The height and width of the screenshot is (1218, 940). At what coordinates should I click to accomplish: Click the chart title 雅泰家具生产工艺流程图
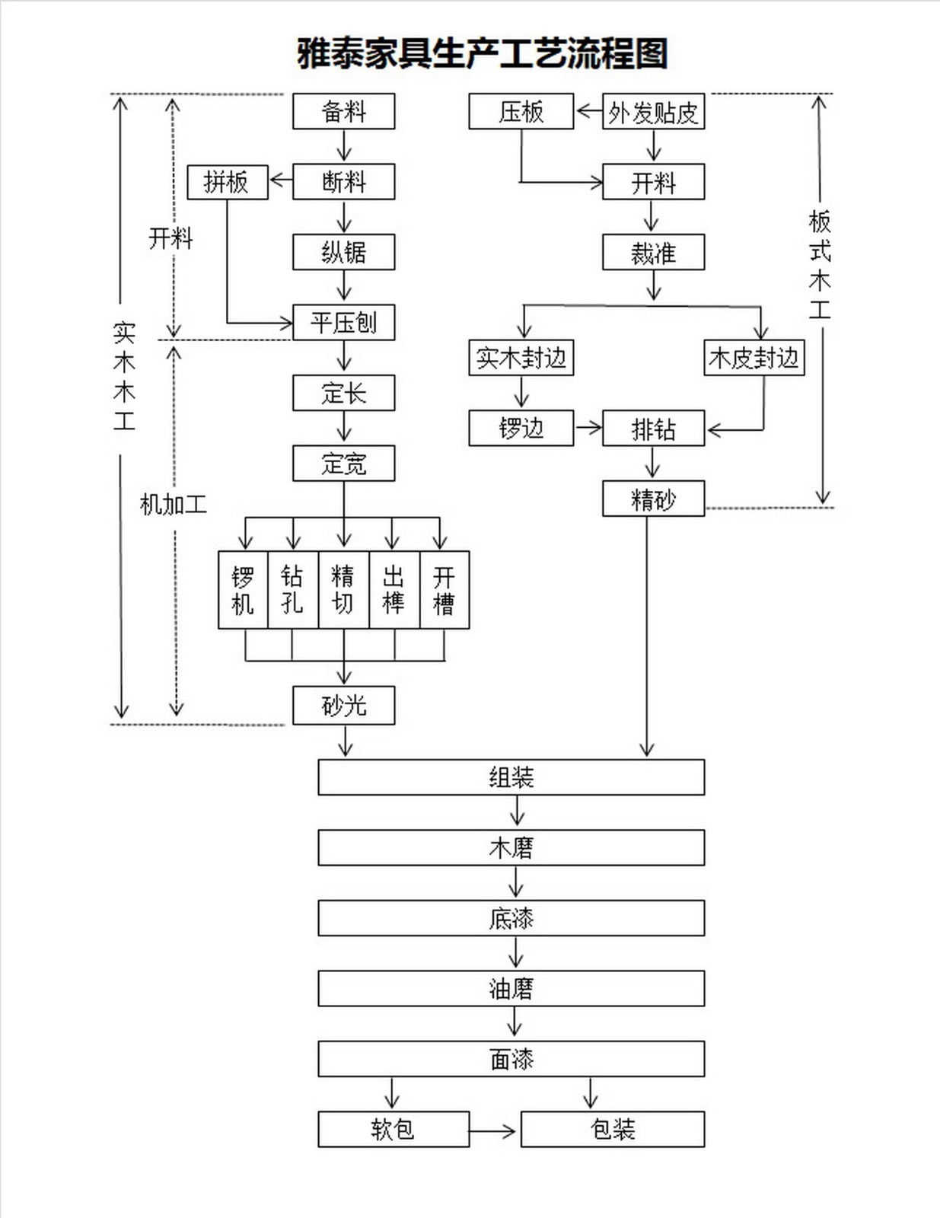tap(482, 54)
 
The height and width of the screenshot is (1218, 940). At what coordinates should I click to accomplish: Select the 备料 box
tap(343, 112)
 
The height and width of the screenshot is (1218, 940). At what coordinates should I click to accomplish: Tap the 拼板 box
tap(227, 182)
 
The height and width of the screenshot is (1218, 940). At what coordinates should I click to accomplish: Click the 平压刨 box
tap(343, 322)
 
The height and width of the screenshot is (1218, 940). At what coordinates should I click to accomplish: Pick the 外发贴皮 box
tap(653, 112)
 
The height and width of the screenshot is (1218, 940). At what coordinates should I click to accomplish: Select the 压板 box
tap(521, 112)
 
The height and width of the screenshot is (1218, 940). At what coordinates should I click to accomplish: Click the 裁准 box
tap(653, 253)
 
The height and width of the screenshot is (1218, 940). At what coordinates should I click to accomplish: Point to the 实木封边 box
tap(521, 358)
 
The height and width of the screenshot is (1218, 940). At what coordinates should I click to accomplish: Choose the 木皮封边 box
tap(754, 358)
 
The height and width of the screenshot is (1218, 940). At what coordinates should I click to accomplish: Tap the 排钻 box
tap(653, 429)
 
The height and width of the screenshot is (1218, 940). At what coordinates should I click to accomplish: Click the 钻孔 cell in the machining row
tap(292, 590)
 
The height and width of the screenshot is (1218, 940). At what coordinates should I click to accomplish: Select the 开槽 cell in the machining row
tap(445, 590)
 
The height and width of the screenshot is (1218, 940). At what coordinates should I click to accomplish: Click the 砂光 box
tap(343, 706)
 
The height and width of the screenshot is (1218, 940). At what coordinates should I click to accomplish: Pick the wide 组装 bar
tap(511, 777)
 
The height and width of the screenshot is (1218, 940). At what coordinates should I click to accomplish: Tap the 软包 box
tap(393, 1129)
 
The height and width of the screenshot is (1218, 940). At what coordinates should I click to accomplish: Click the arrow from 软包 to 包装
tap(493, 1131)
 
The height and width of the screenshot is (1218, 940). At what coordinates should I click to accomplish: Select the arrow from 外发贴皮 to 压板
tap(588, 111)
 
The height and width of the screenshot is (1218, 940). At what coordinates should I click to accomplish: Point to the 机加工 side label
tap(173, 504)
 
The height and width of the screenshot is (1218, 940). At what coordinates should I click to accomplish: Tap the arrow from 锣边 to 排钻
tap(588, 428)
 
